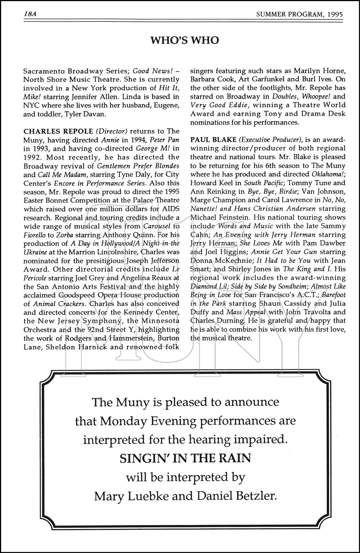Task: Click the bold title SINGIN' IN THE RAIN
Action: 185,458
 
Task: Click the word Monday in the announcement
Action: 140,421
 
